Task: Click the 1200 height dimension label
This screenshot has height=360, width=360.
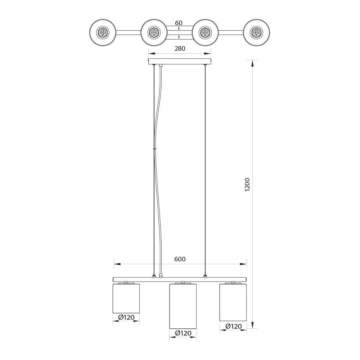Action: tap(247, 185)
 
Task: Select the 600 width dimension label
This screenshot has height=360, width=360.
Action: tap(180, 259)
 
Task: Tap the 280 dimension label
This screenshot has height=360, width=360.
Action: tap(180, 49)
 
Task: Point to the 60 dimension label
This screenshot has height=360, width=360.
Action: tap(179, 23)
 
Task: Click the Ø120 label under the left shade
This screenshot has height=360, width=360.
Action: tap(126, 317)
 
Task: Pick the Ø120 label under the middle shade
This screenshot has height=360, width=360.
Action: tap(183, 333)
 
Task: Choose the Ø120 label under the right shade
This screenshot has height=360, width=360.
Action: tap(234, 326)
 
